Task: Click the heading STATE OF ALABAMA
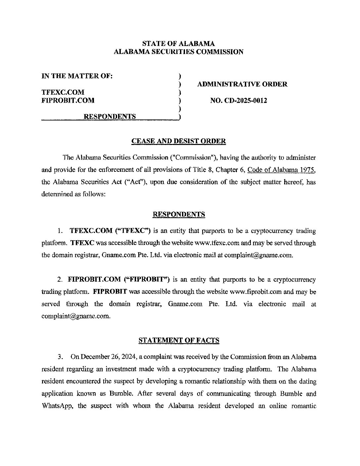pos(178,43)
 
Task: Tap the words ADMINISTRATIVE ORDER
pos(242,84)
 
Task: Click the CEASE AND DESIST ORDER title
pos(179,141)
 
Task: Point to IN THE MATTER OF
pos(77,76)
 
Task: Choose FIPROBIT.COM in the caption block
pos(68,100)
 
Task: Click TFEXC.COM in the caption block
pos(63,92)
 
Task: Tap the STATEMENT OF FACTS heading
pos(179,340)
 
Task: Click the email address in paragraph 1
pos(258,255)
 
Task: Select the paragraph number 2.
pos(60,280)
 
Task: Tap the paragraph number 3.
pos(60,357)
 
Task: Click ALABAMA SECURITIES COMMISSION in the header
pos(179,52)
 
